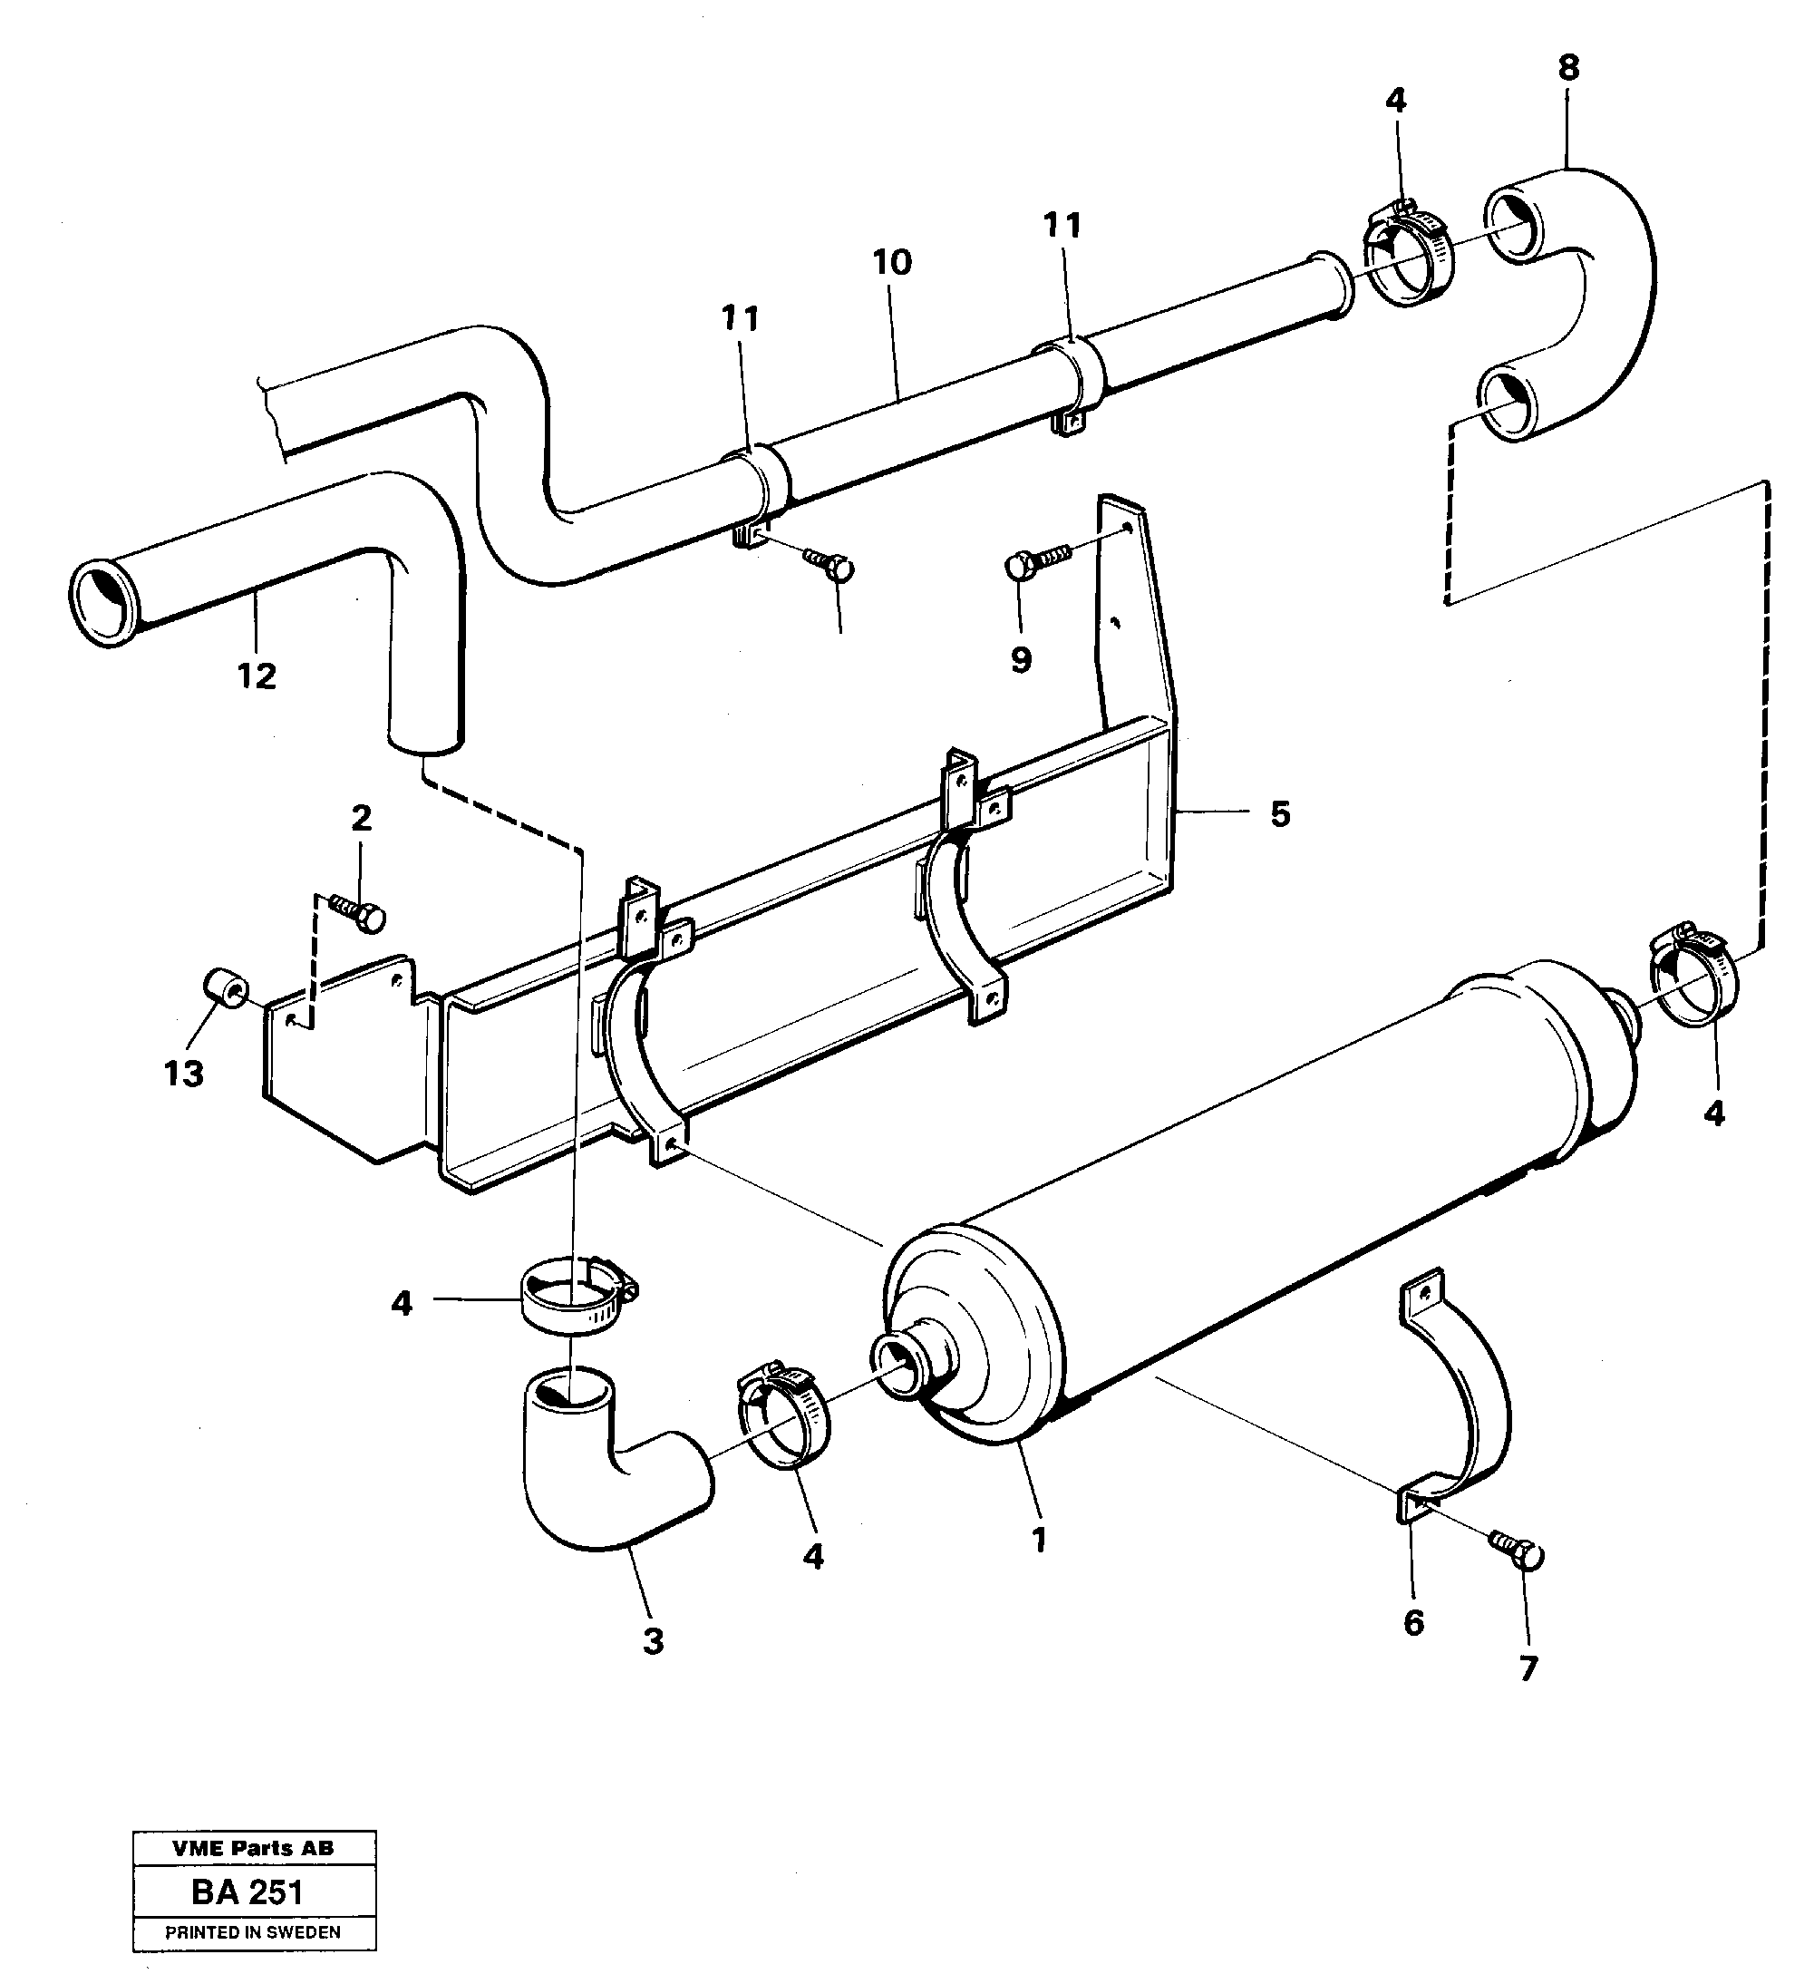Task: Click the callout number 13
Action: pyautogui.click(x=183, y=1073)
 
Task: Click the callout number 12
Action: pyautogui.click(x=257, y=676)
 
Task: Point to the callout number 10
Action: pyautogui.click(x=892, y=262)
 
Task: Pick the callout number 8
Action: pyautogui.click(x=1568, y=68)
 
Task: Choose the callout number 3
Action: pyautogui.click(x=654, y=1640)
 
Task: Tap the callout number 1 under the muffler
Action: pyautogui.click(x=1040, y=1538)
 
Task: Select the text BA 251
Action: pyautogui.click(x=247, y=1891)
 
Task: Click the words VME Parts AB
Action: pyautogui.click(x=253, y=1847)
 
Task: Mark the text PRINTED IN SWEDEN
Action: pyautogui.click(x=253, y=1931)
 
